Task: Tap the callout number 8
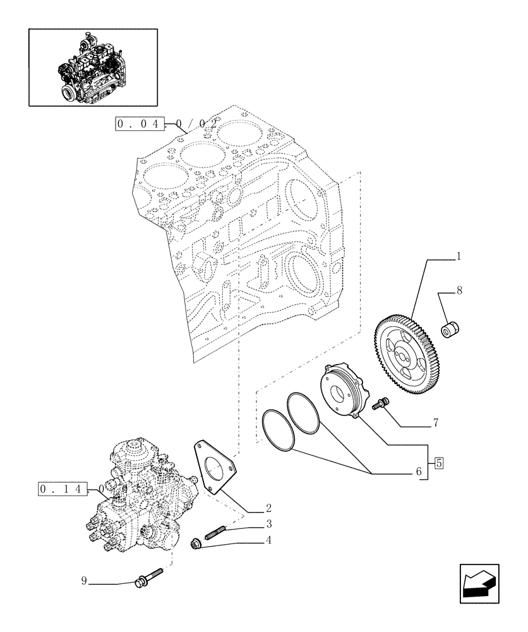459,291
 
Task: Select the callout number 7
436,421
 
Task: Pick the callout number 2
268,507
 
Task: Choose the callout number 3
268,525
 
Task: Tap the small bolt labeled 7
381,403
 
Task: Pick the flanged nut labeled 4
197,544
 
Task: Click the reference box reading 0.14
61,490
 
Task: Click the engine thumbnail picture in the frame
93,66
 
